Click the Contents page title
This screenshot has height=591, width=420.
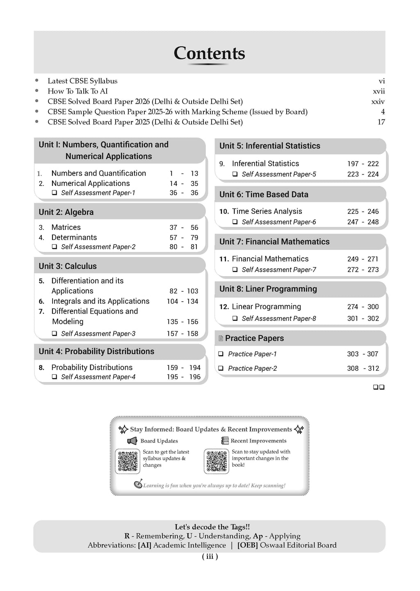[209, 53]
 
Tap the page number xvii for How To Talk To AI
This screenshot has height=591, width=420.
[379, 91]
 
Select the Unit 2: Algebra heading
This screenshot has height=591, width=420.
[66, 212]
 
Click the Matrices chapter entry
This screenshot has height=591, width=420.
[66, 227]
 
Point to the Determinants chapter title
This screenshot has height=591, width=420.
[74, 238]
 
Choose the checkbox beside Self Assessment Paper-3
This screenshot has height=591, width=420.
[54, 334]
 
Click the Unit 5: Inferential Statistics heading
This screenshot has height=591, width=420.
[269, 146]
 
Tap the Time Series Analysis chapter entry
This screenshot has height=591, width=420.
[267, 211]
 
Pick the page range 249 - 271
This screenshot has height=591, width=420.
[363, 259]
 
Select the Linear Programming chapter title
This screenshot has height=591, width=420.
[266, 307]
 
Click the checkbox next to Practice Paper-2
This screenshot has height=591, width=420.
[221, 368]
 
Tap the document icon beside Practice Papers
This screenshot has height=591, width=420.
[221, 339]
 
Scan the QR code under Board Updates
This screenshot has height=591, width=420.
[128, 461]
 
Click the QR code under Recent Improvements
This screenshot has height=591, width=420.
[216, 461]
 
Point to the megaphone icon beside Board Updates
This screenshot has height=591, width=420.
[132, 441]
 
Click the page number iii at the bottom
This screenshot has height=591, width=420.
[210, 557]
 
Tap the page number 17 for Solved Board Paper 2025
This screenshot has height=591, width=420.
[381, 122]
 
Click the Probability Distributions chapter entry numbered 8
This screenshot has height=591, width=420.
[91, 367]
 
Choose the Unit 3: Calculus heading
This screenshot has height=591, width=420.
[68, 266]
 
